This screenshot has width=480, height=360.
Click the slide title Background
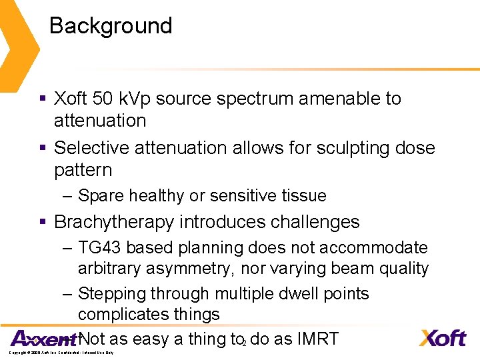click(x=111, y=26)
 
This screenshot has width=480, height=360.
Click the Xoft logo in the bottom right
click(x=442, y=338)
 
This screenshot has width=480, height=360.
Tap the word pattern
click(x=83, y=170)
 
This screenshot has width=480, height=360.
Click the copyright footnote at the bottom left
click(x=61, y=352)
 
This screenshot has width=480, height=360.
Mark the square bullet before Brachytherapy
click(x=42, y=222)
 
